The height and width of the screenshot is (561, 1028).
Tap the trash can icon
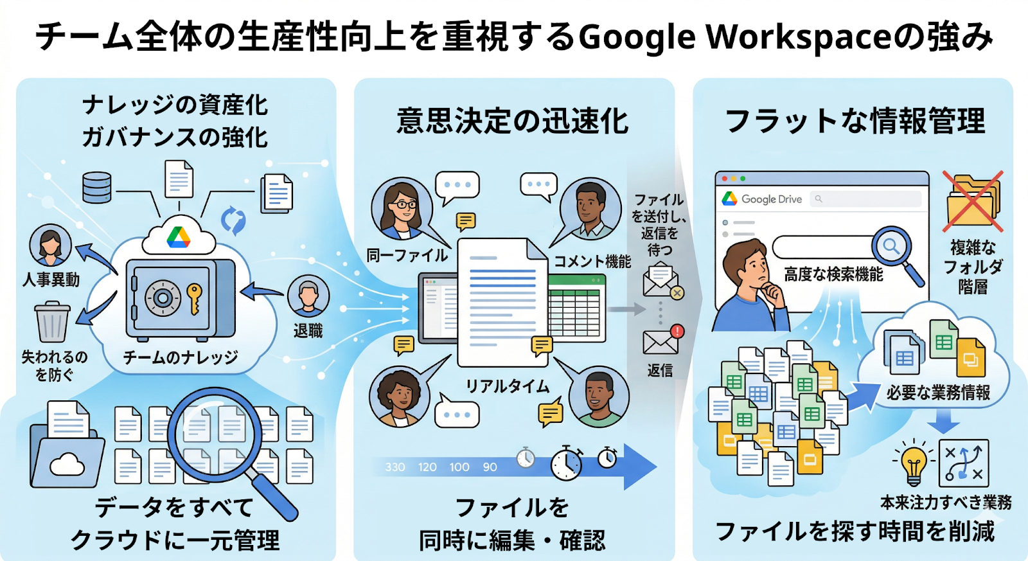tap(52, 323)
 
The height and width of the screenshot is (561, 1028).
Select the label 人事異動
tap(51, 279)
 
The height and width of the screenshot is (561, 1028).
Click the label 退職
tap(308, 330)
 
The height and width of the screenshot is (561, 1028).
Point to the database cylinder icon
tap(97, 187)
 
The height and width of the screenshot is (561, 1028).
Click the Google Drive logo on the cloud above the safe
tap(179, 237)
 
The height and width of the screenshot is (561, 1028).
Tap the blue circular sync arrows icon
tap(233, 220)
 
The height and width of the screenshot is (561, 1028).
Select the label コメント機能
tap(592, 261)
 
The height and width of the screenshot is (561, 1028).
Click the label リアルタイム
tap(508, 386)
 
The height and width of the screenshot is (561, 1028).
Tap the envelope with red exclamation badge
tap(662, 340)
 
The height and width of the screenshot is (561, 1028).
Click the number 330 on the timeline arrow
tap(395, 467)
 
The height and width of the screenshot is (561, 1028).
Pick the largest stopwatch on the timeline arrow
tap(566, 462)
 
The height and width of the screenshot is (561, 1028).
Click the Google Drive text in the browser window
tap(772, 199)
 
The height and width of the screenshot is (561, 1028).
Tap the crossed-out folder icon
tap(973, 201)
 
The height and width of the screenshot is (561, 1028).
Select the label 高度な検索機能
tap(833, 274)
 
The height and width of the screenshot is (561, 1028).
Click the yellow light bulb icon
tap(913, 464)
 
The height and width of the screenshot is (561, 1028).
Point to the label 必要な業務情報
tap(938, 392)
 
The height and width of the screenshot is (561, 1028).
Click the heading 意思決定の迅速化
tap(512, 121)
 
